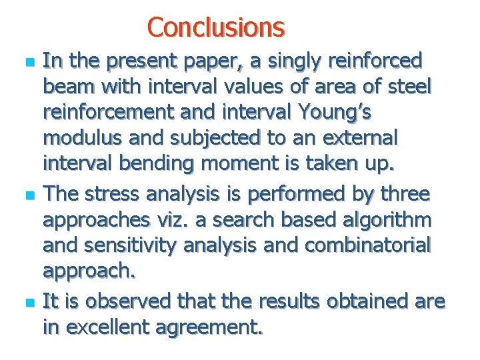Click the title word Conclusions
216,27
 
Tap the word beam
65,87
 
